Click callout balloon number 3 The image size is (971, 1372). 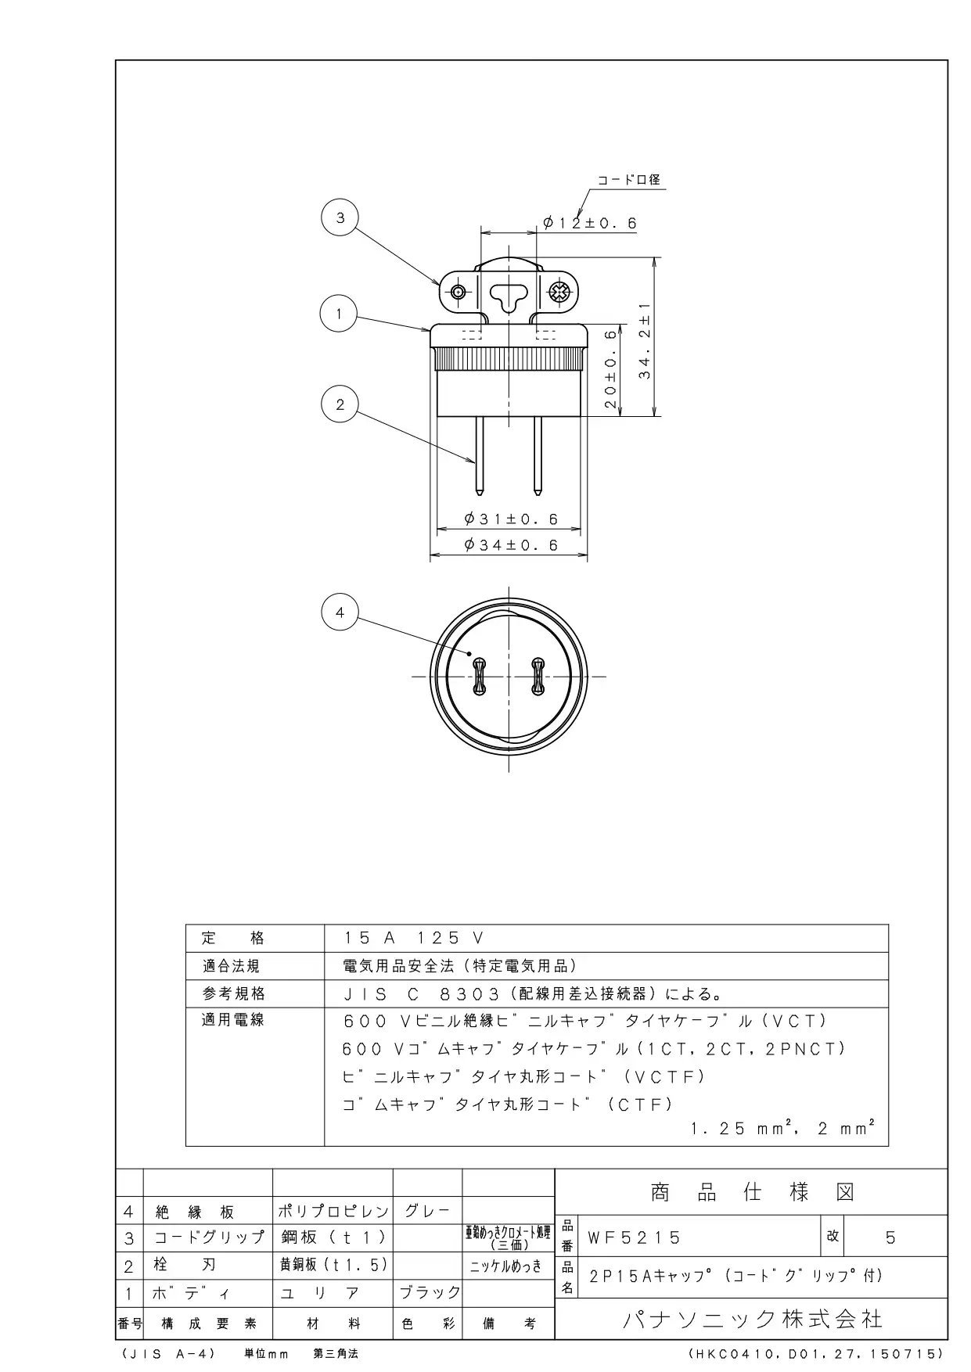[340, 218]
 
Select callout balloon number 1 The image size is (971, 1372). [339, 314]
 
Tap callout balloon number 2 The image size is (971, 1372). [340, 404]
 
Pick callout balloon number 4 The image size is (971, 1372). [340, 612]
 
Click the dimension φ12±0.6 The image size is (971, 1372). [590, 224]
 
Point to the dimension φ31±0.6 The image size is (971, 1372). [511, 519]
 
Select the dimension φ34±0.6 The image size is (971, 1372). [511, 545]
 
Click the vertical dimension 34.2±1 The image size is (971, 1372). [645, 341]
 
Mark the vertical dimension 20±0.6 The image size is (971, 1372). [611, 369]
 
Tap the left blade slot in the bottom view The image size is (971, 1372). [478, 677]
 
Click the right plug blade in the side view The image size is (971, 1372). [538, 456]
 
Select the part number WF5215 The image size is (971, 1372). [635, 1238]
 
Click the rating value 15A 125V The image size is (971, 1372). [415, 938]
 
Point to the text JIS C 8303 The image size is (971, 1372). [421, 994]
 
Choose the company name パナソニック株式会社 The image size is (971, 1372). [753, 1320]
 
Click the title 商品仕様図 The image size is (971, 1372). [753, 1192]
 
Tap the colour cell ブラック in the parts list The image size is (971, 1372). [430, 1292]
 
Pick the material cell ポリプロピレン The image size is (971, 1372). [333, 1212]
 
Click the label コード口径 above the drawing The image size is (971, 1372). [629, 180]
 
